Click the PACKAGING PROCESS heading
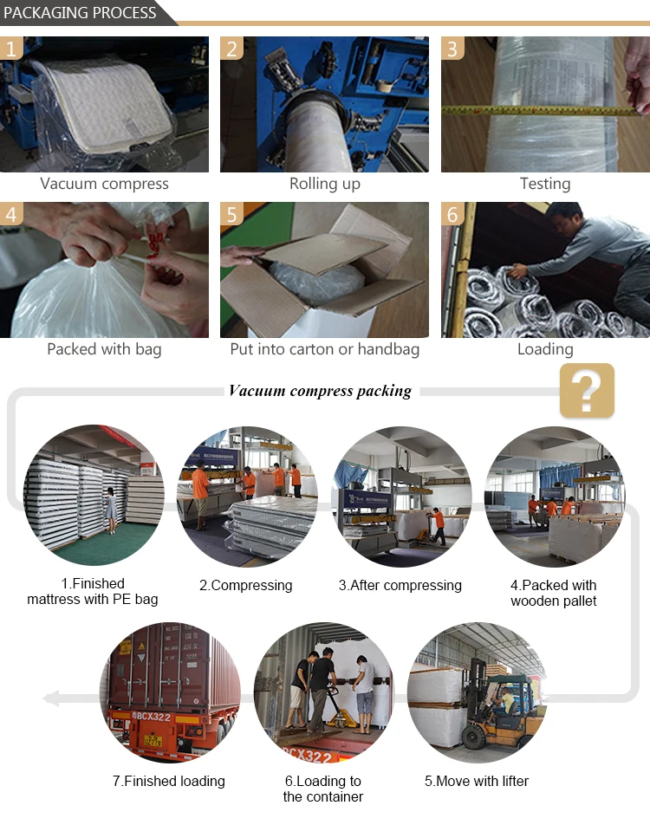[x=80, y=13]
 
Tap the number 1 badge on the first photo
[x=11, y=49]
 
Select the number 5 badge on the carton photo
[x=231, y=214]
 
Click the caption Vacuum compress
[x=104, y=184]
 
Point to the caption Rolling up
[x=325, y=184]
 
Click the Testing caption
[x=545, y=184]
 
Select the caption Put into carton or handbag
[x=325, y=349]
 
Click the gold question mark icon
[x=587, y=390]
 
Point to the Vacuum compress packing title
[x=320, y=391]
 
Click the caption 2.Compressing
[x=246, y=585]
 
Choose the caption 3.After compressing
[x=400, y=585]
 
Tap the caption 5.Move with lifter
[x=477, y=781]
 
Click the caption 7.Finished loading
[x=169, y=781]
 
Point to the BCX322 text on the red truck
[x=153, y=717]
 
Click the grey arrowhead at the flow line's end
[x=51, y=698]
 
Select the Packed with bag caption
[x=104, y=349]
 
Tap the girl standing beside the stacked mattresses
[x=111, y=510]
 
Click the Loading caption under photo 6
[x=545, y=349]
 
